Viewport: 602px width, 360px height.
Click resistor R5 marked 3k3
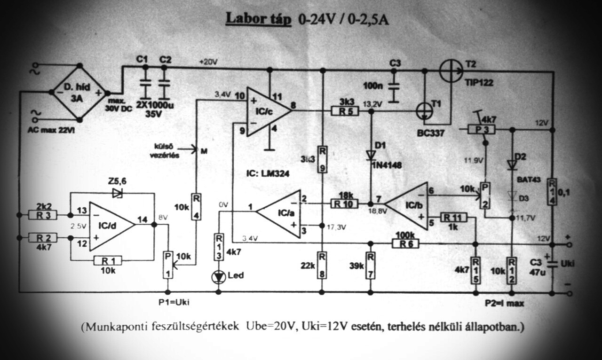pos(345,111)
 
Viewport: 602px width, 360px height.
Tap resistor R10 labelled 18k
pos(345,204)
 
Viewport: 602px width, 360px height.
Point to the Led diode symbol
pos(219,276)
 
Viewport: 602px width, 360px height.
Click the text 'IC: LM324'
pos(268,173)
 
